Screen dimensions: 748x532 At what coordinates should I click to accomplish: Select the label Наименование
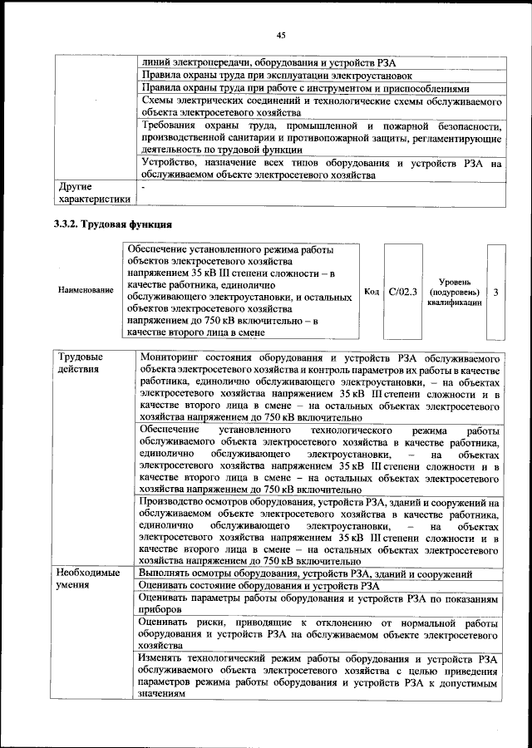86,291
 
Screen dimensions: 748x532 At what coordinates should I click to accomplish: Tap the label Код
372,292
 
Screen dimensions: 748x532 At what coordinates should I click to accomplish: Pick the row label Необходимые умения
88,579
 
